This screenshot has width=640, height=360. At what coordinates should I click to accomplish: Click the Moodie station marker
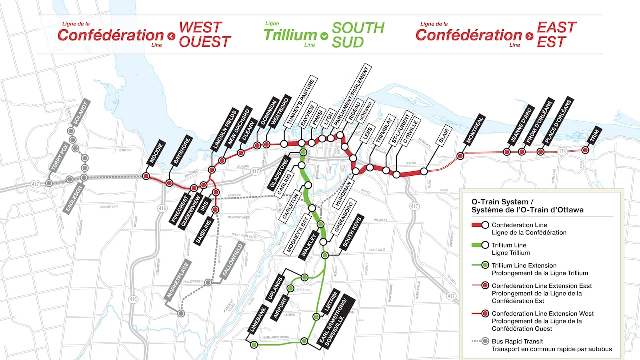tap(146, 176)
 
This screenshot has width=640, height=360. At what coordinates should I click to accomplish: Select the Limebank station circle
tap(254, 345)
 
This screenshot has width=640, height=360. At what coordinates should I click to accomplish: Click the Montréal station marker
tap(460, 156)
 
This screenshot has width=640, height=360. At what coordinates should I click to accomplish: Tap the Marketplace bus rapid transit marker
tap(181, 313)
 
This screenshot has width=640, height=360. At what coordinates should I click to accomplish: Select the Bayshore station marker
tap(169, 183)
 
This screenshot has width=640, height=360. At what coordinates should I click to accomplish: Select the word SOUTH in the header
tap(358, 28)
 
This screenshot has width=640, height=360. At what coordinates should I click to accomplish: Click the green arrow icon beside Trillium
tap(324, 36)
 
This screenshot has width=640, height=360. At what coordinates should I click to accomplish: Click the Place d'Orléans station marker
tap(540, 151)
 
